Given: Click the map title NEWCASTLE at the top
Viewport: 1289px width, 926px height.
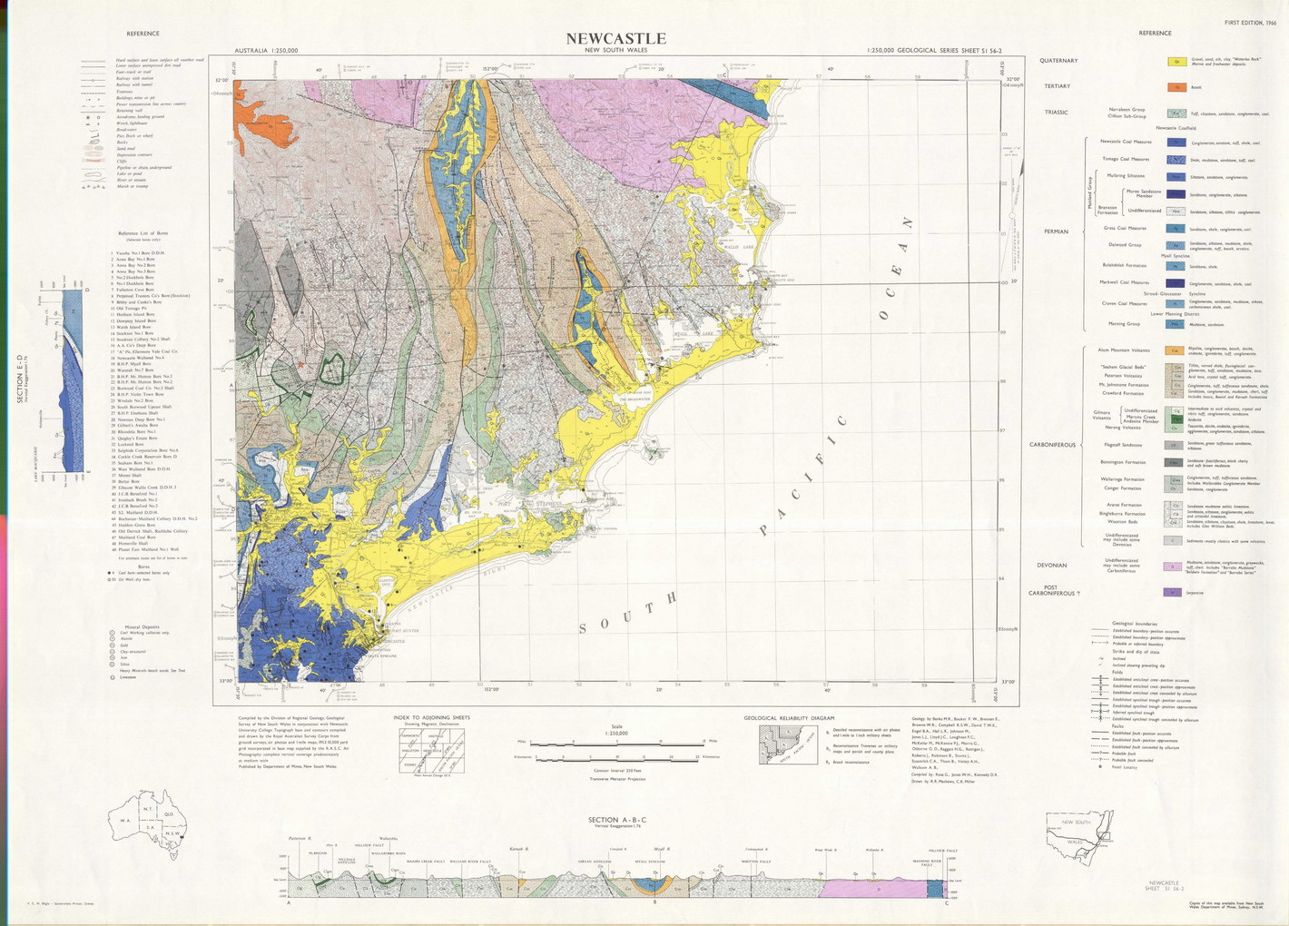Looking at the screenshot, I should (x=615, y=38).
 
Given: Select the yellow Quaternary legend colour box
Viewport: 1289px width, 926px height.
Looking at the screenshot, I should (x=1176, y=62).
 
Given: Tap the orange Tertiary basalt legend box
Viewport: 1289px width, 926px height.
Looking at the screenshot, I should (x=1176, y=88).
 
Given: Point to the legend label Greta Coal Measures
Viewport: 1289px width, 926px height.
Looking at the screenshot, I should (x=1125, y=229).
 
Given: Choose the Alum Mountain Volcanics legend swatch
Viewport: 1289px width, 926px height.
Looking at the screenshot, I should (x=1176, y=350).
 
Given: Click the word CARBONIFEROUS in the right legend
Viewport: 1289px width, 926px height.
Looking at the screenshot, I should (x=1052, y=445).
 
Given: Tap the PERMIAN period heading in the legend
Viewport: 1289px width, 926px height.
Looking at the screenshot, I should (x=1056, y=231).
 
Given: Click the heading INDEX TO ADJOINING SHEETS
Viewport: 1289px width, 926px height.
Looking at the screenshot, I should (x=432, y=717).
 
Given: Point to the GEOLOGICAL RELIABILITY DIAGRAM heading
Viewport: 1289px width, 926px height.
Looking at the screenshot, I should (x=788, y=718).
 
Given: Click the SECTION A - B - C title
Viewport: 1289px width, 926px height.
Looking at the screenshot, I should (x=617, y=819).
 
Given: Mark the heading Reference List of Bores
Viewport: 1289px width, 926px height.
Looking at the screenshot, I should (x=143, y=233).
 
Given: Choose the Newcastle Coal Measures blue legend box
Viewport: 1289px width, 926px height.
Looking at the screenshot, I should (x=1176, y=142).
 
